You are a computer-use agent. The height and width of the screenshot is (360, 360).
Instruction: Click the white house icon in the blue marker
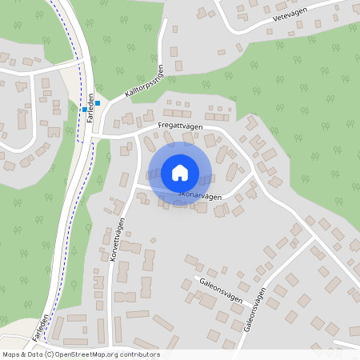click(x=179, y=172)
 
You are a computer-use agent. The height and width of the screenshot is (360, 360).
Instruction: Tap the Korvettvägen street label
click(x=117, y=238)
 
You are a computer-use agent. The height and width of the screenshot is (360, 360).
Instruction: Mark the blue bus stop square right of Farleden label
click(x=98, y=102)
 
